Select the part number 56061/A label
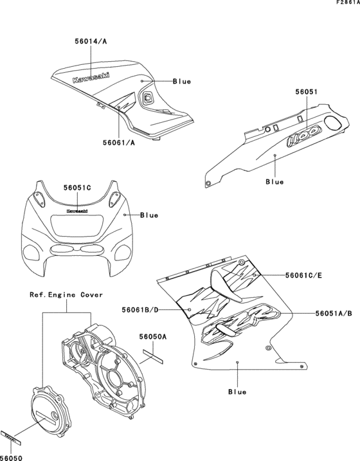click(118, 143)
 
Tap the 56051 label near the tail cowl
click(307, 92)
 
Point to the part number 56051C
click(77, 188)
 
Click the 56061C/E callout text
click(304, 275)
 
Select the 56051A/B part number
click(334, 313)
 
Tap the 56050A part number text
click(154, 336)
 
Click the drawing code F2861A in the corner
click(346, 4)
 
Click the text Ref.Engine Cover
click(66, 295)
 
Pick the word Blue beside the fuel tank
click(182, 82)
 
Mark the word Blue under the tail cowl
click(274, 182)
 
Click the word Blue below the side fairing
click(237, 390)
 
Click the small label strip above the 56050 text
click(11, 438)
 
